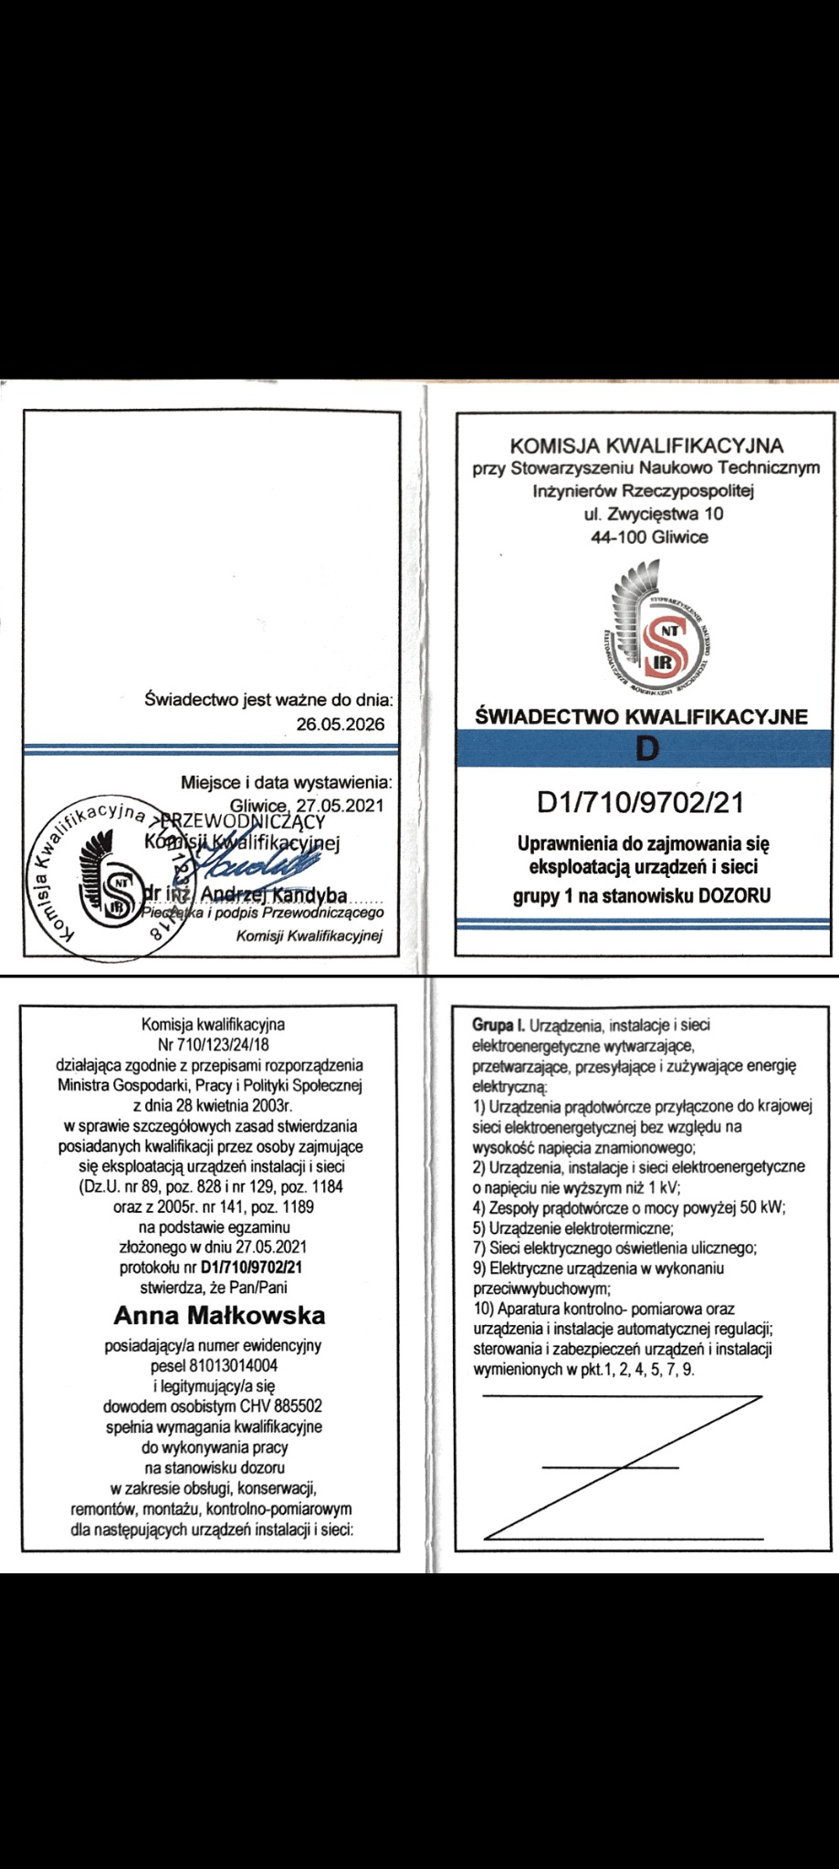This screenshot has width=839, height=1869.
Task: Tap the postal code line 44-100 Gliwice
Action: (649, 537)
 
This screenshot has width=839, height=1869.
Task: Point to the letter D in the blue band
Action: (646, 749)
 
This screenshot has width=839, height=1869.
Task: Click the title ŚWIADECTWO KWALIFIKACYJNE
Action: (643, 716)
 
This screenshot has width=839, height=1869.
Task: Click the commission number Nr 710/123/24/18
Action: (213, 1044)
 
